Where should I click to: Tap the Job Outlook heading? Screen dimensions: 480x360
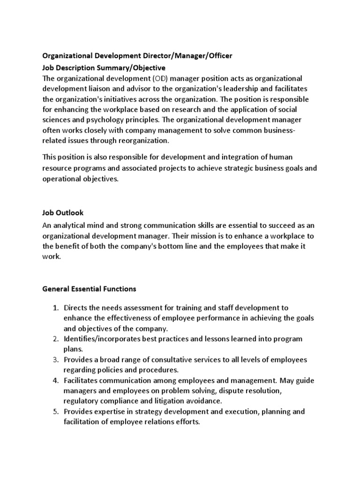click(x=63, y=212)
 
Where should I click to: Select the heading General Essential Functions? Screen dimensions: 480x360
click(x=89, y=289)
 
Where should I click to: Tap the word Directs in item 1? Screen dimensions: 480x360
click(x=76, y=308)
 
